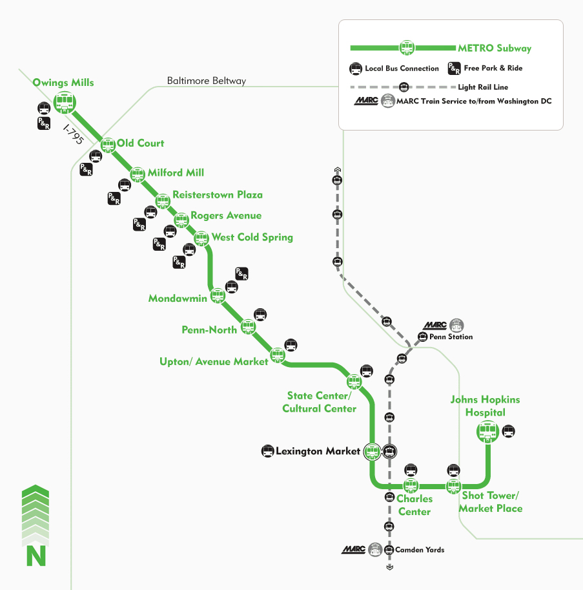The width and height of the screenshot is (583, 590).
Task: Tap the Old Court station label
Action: (x=140, y=143)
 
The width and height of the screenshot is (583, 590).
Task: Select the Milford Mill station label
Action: (x=176, y=173)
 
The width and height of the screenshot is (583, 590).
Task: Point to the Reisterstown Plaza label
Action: (x=218, y=195)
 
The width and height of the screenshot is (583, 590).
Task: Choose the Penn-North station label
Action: (x=209, y=330)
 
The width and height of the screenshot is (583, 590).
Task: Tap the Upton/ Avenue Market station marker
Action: (x=278, y=355)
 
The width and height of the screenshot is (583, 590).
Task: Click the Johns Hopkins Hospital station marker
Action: (x=487, y=431)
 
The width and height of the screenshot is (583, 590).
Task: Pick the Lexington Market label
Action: (x=317, y=451)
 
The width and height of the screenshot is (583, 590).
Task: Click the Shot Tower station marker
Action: (x=454, y=486)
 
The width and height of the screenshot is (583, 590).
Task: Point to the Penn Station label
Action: (x=451, y=337)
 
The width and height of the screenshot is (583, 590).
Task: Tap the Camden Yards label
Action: (x=420, y=550)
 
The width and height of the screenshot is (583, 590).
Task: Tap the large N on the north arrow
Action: (x=36, y=555)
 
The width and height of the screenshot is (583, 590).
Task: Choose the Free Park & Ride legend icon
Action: (x=454, y=68)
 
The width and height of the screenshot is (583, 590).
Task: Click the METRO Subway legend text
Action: (x=495, y=48)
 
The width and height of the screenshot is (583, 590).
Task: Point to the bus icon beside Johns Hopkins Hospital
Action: (x=509, y=431)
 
